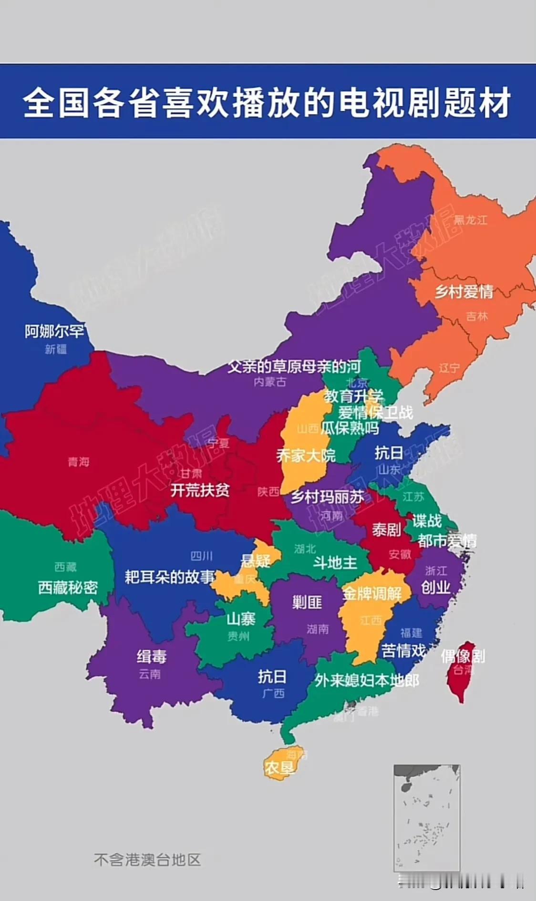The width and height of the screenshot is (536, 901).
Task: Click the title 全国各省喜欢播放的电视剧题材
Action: tap(267, 103)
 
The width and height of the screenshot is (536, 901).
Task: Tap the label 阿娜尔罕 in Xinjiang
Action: tap(54, 331)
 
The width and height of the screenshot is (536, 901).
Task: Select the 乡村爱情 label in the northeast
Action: tap(464, 291)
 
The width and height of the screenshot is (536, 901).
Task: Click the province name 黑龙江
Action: tap(470, 220)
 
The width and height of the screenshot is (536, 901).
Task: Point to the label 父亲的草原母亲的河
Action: tap(294, 367)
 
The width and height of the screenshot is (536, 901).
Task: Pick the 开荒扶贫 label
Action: tap(200, 490)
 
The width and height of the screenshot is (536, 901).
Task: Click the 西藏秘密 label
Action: tap(68, 587)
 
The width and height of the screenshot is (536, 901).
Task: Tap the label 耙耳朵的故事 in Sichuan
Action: tap(170, 577)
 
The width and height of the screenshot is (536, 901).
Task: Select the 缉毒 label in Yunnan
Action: tap(152, 657)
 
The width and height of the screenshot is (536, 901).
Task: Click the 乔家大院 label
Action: tap(306, 456)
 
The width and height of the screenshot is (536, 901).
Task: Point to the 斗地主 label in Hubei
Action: tap(335, 563)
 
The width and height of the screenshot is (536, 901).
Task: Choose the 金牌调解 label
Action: tap(372, 594)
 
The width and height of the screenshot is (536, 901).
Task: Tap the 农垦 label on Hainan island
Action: tap(279, 767)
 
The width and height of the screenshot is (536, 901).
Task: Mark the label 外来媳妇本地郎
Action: tap(366, 680)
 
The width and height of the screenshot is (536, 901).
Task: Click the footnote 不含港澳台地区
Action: tap(147, 860)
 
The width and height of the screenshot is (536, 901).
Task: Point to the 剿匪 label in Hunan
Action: tap(307, 602)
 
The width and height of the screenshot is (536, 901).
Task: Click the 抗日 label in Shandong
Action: tap(388, 453)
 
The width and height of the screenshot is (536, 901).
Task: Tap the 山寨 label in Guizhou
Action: tap(241, 619)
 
